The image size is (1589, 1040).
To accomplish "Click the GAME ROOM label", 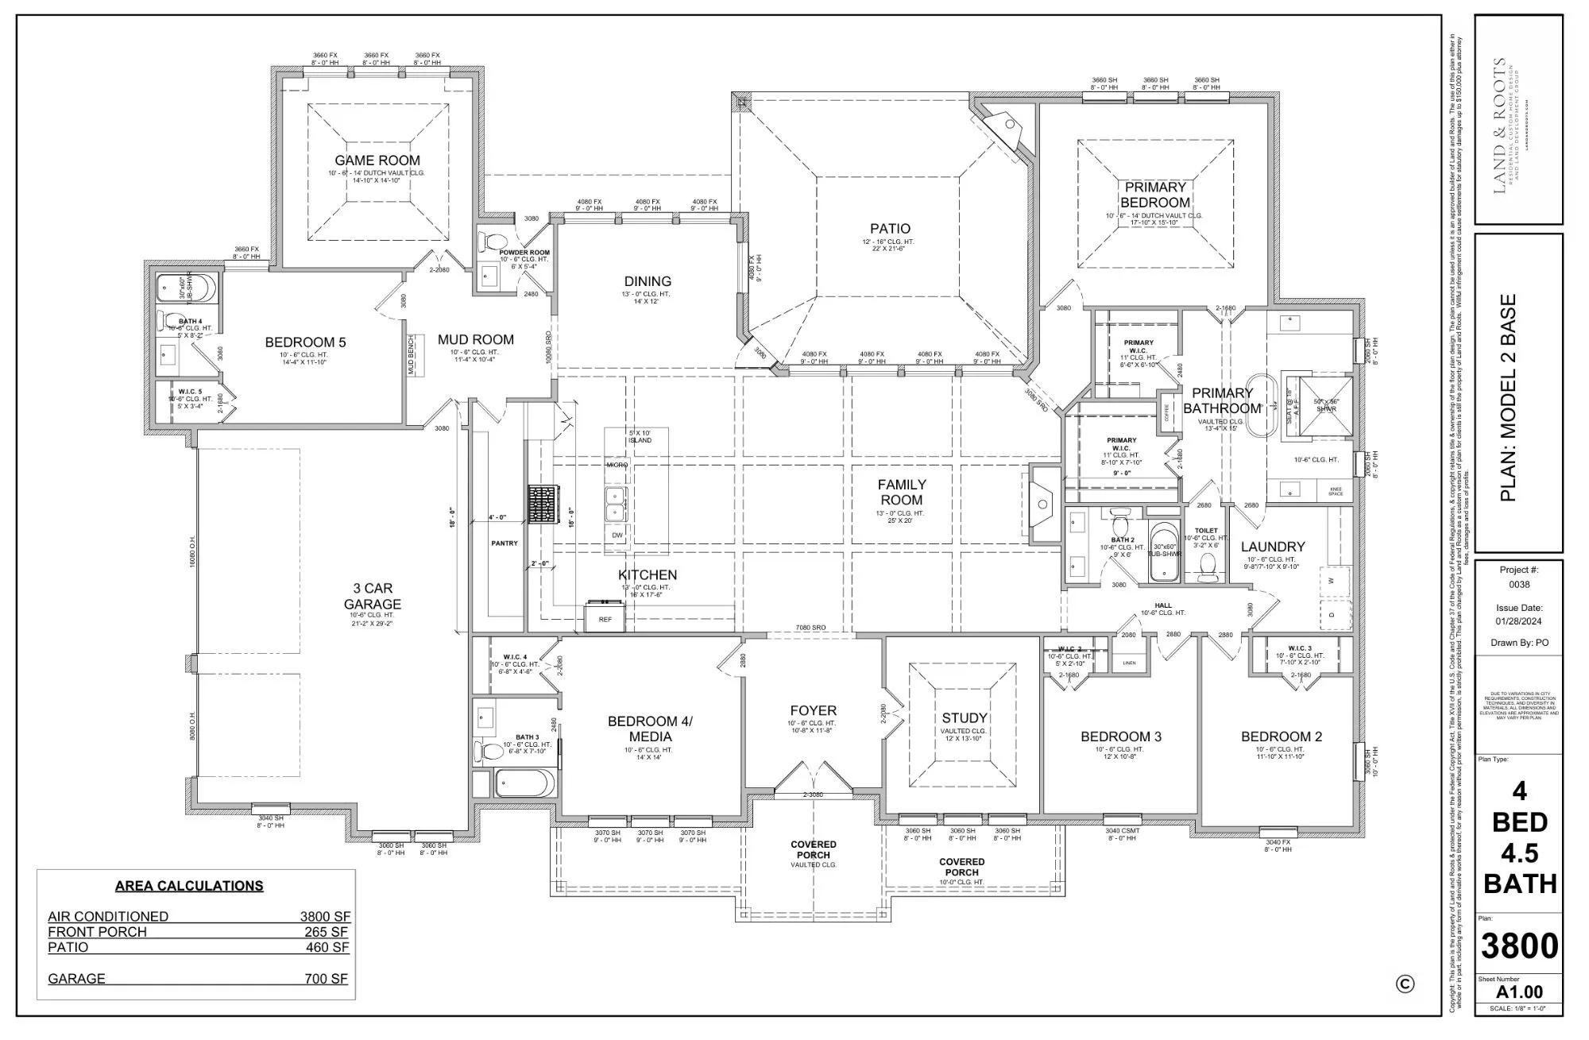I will coord(377,160).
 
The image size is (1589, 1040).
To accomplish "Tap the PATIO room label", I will coord(890,229).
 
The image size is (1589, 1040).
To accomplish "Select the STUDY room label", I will coord(965,717).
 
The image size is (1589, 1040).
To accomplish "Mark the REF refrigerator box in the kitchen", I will coord(605,618).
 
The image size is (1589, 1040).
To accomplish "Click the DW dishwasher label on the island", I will coord(617,535).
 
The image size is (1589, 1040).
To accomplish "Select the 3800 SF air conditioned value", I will coord(325,916).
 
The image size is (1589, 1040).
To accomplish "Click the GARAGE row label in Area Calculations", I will coord(76,979).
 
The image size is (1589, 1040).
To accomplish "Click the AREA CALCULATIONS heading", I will coord(189,886).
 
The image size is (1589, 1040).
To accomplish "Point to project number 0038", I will coord(1519,584).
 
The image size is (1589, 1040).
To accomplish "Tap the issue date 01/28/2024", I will coord(1519,621).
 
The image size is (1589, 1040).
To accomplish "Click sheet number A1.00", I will coord(1519,992).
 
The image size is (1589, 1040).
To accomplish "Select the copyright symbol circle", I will coord(1405,984).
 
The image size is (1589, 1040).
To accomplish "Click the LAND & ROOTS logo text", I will coord(1499,125).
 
